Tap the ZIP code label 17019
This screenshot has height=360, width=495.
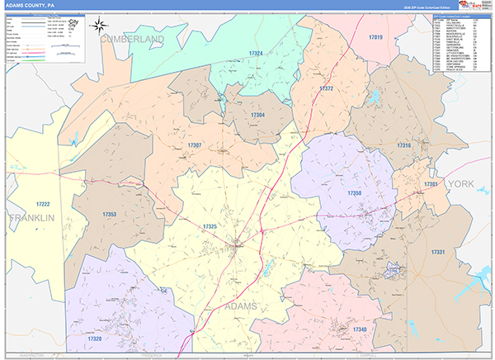(x=375, y=38)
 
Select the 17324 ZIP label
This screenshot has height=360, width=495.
(x=256, y=54)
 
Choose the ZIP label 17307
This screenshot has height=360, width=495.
(x=195, y=145)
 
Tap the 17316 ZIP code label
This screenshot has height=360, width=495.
(x=403, y=145)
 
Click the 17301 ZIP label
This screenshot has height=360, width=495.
(x=431, y=185)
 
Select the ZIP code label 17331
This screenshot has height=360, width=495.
(x=438, y=252)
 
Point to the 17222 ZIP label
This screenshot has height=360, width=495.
(x=43, y=204)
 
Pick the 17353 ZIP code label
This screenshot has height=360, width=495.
(x=110, y=215)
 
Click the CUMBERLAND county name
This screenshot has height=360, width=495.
(x=132, y=39)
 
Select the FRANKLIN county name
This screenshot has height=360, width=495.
(x=31, y=218)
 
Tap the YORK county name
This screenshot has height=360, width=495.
(x=461, y=184)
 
